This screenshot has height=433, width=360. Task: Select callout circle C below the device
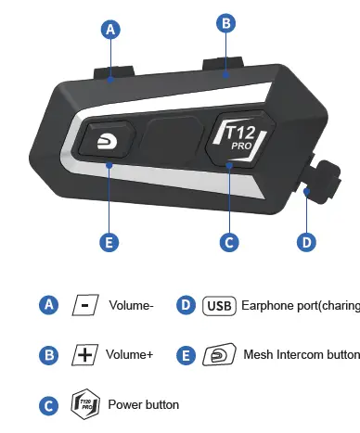tap(229, 242)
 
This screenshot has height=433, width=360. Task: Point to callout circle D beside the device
tap(307, 242)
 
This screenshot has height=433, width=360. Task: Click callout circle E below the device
tap(109, 242)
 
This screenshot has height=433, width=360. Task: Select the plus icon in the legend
tap(84, 354)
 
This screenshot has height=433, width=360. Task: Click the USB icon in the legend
tap(218, 305)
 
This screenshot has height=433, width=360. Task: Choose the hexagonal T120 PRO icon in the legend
tap(84, 404)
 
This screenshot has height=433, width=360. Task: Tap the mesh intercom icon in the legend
tap(218, 354)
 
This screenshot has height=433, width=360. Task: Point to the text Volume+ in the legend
tap(131, 354)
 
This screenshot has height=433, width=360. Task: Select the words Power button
tap(143, 404)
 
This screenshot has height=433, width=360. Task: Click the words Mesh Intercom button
tap(300, 354)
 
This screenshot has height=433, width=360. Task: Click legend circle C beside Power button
tap(48, 404)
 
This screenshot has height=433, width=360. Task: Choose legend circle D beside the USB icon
tap(185, 305)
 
